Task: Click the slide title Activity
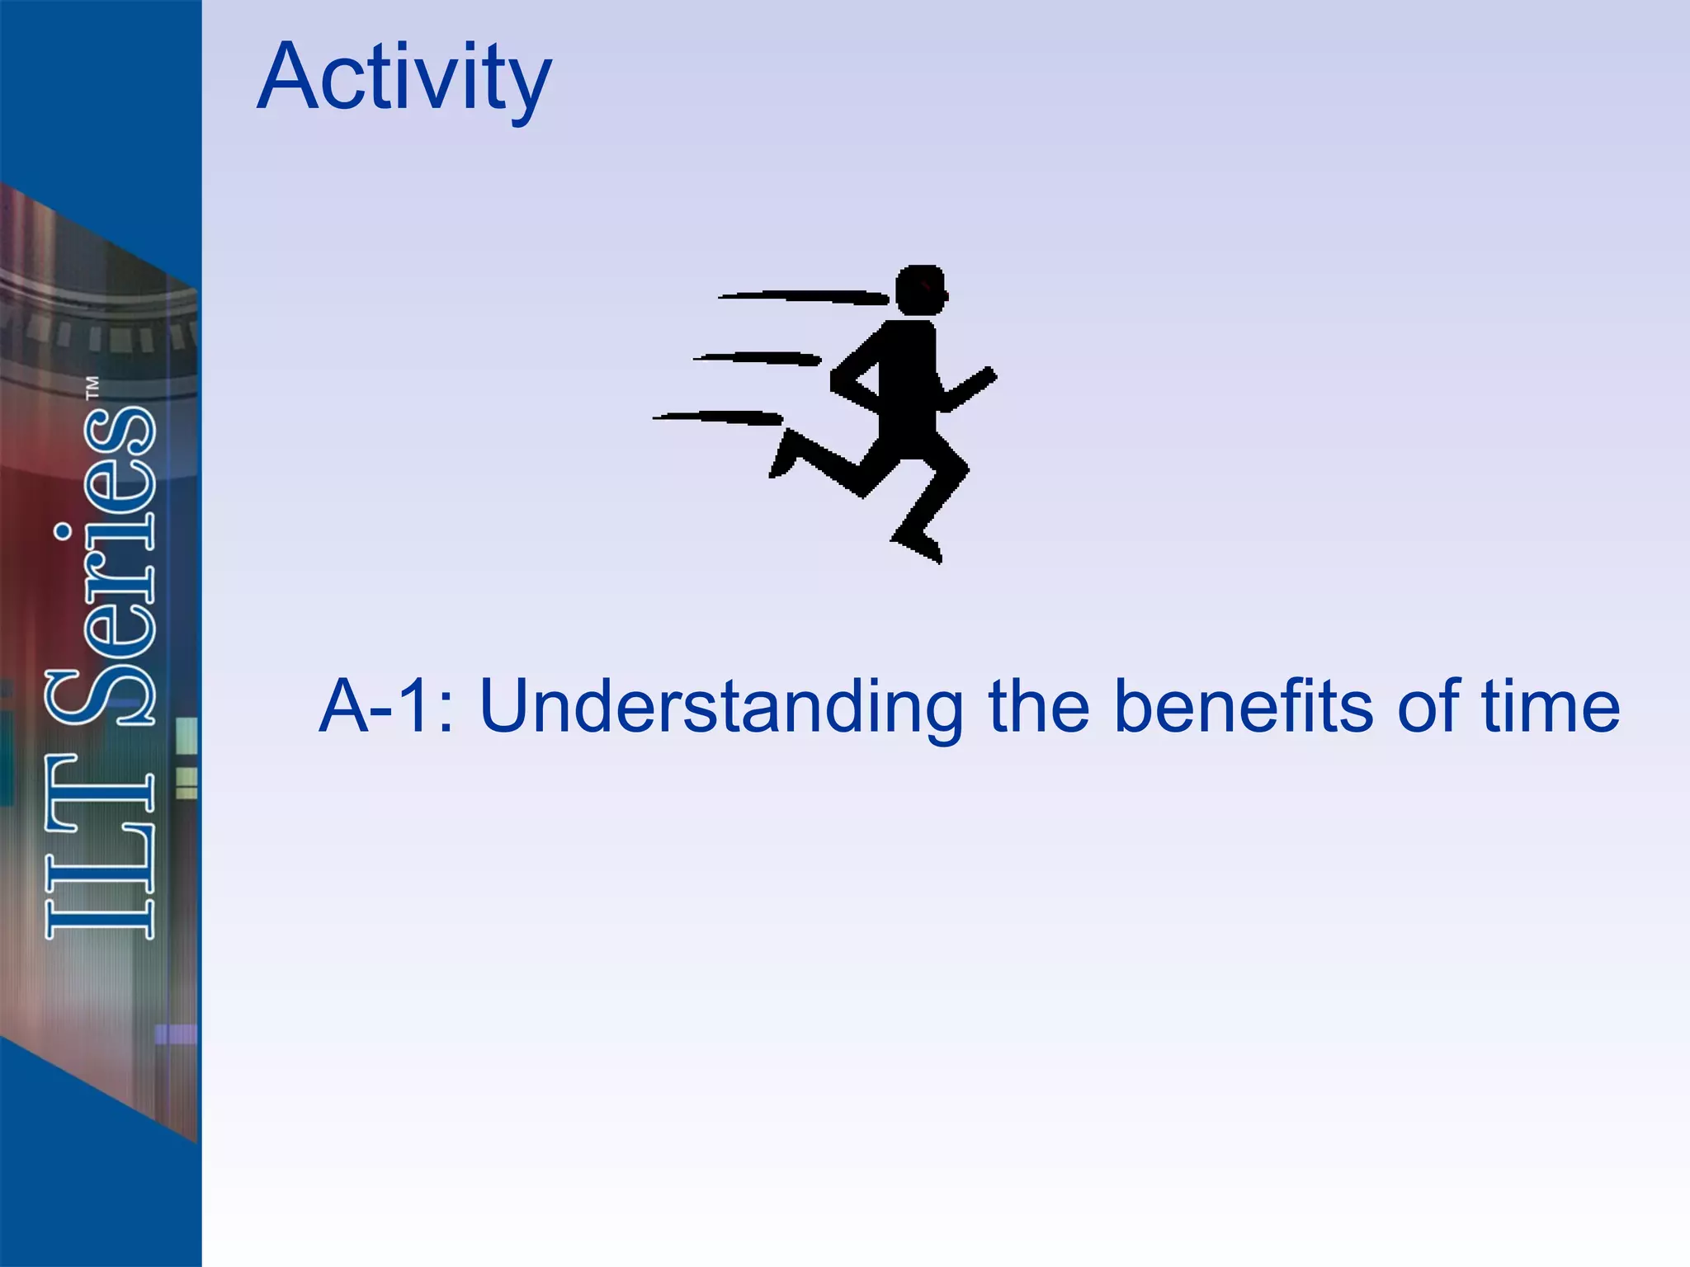click(x=404, y=78)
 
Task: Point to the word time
click(x=1551, y=706)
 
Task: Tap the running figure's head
click(x=920, y=290)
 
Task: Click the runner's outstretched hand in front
click(x=985, y=379)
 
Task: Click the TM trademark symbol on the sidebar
click(x=92, y=389)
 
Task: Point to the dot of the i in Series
click(x=62, y=533)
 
